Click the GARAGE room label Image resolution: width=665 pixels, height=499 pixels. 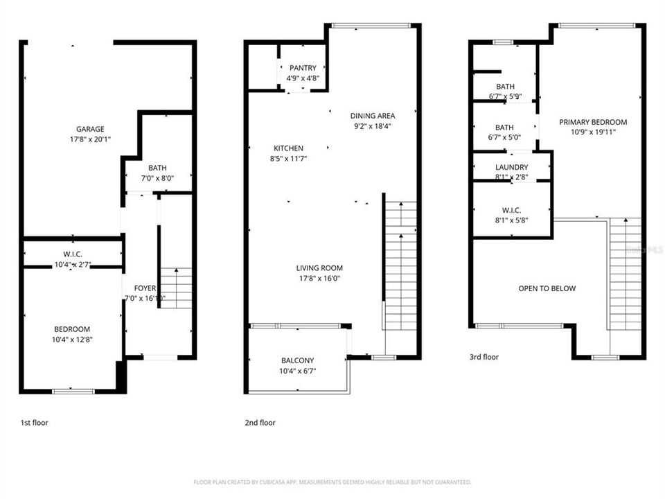tap(90, 129)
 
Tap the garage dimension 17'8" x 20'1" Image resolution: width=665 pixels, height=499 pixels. tap(90, 139)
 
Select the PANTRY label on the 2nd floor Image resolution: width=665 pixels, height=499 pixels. tap(303, 68)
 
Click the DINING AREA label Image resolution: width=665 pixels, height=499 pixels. tap(372, 116)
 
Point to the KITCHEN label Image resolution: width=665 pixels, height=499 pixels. tap(288, 148)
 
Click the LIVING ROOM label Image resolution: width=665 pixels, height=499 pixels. tap(319, 268)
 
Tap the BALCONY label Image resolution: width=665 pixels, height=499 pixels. tap(297, 360)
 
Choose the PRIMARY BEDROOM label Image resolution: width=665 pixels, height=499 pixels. tap(593, 122)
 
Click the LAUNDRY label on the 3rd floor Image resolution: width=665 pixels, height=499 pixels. tap(511, 167)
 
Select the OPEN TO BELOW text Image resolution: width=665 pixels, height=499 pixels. tap(547, 288)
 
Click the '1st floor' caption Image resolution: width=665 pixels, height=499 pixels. tap(34, 422)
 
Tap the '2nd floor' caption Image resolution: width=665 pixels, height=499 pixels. tap(260, 422)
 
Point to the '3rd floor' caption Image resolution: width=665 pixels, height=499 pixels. tap(484, 357)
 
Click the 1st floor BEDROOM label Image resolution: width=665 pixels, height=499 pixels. tap(72, 329)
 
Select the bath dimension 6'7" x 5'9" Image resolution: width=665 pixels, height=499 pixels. tap(505, 97)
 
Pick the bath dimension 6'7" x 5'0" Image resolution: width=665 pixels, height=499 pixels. tap(505, 137)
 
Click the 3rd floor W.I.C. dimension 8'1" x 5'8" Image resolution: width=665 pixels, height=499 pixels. tap(511, 220)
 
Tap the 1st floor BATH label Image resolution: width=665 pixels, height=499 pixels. tap(157, 168)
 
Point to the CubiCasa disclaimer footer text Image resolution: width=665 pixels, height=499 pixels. tap(332, 482)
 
